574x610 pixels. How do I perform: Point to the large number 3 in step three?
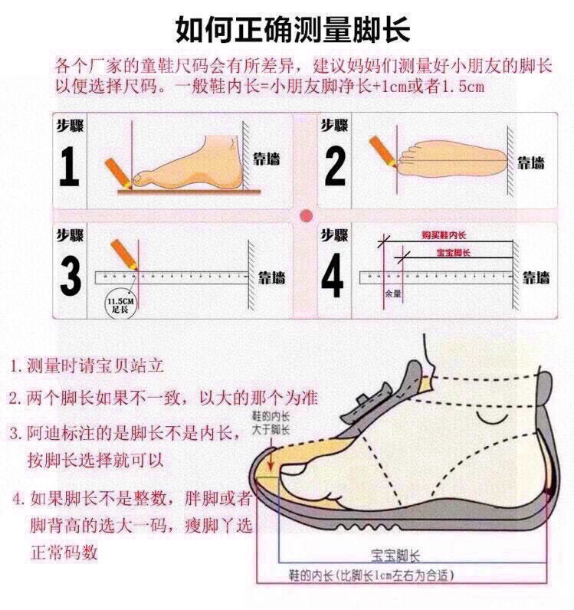pos(71,277)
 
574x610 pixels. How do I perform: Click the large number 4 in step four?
pos(333,277)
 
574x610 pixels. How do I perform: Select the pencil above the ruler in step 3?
pos(122,254)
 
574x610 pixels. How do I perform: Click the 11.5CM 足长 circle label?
pos(119,306)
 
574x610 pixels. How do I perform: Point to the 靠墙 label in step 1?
pos(267,159)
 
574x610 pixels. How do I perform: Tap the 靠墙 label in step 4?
pos(536,277)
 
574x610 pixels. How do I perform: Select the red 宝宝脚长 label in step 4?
pos(453,252)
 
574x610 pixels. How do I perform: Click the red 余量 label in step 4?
pos(392,294)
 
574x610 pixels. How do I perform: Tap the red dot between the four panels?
pos(306,215)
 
